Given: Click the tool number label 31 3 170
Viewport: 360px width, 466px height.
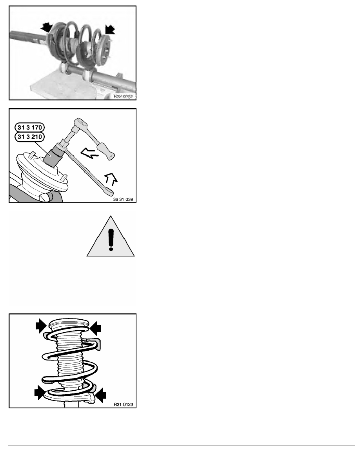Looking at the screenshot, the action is (x=29, y=127).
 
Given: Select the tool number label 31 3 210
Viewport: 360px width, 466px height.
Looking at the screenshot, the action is (x=29, y=137).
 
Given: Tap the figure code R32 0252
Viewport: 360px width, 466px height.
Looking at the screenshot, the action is (x=123, y=96).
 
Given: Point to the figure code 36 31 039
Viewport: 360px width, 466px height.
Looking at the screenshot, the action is (x=123, y=199).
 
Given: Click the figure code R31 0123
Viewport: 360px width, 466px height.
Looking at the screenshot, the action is (x=123, y=404).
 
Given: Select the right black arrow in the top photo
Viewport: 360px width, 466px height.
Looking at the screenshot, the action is (x=109, y=29).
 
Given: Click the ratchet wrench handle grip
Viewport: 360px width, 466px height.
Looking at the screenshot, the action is (x=107, y=151).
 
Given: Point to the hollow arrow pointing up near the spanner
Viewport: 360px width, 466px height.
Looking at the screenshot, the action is (x=111, y=179).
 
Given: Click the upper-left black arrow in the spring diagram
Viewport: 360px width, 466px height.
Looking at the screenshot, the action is (x=41, y=325).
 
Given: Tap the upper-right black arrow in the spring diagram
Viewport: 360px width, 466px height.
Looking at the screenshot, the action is (x=95, y=328).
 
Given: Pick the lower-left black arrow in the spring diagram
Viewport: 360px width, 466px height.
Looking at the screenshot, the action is (x=40, y=392).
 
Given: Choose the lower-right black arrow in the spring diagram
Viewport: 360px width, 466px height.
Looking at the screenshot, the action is (x=100, y=395).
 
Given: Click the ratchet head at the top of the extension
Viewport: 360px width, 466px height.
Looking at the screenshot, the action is (x=80, y=122).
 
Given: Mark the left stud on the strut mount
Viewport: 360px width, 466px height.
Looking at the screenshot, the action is (x=31, y=155).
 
